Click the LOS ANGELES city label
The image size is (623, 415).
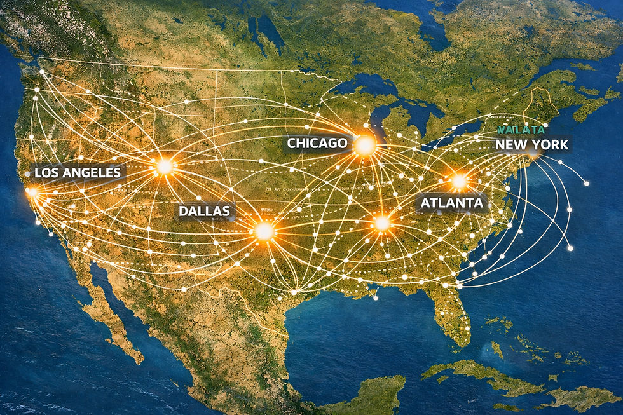[x=77, y=172]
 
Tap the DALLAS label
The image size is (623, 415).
[x=203, y=210]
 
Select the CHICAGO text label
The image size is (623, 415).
[x=317, y=143]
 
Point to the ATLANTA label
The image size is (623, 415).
[x=452, y=203]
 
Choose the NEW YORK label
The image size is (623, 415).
[x=531, y=144]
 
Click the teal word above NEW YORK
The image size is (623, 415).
[x=521, y=130]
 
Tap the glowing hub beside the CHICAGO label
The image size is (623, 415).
[x=365, y=146]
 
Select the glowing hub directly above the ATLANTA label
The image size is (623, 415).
[x=459, y=181]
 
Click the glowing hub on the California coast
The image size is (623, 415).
[x=32, y=191]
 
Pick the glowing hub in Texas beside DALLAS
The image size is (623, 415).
[x=264, y=231]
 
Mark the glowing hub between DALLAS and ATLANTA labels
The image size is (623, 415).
[x=381, y=223]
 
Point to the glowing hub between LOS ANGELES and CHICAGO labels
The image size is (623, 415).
[x=165, y=167]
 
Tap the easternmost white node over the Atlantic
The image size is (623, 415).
[x=570, y=248]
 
